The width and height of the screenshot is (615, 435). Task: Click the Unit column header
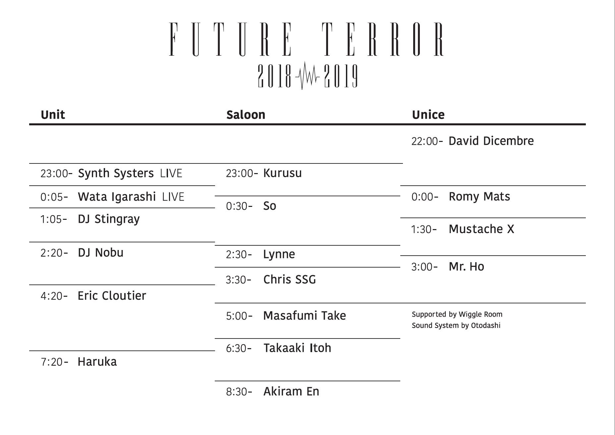tap(53, 115)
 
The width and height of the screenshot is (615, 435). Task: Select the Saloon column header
tap(246, 115)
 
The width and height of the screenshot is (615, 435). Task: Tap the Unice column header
tap(428, 115)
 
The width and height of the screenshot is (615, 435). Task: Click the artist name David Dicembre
tap(491, 141)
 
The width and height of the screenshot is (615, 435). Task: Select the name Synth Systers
tap(116, 173)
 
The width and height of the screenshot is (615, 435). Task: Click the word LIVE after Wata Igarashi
tap(173, 197)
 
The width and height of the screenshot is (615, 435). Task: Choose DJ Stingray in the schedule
tap(109, 219)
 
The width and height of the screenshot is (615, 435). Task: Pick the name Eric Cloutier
tap(112, 296)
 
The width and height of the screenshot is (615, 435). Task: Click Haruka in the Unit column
tap(97, 362)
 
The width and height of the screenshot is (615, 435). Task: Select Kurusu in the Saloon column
tap(282, 173)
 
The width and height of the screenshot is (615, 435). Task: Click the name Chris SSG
tap(290, 280)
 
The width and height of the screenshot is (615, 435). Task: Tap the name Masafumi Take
tap(305, 316)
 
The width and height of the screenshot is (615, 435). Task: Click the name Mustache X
tap(481, 229)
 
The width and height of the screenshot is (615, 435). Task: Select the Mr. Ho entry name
tap(466, 267)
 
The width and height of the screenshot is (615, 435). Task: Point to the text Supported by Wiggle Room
tap(457, 314)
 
